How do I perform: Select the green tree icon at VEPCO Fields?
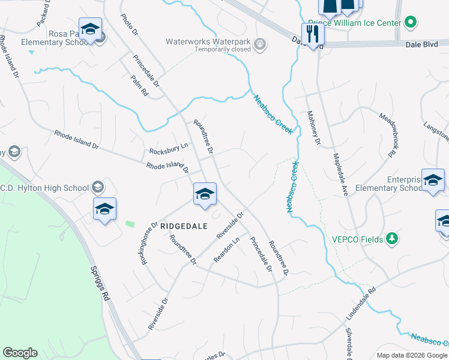[392, 239]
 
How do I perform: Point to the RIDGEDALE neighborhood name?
[183, 226]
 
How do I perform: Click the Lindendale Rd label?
[360, 301]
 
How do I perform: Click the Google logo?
[20, 353]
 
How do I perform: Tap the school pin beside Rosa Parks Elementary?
[90, 29]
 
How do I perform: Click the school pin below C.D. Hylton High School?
[104, 209]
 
